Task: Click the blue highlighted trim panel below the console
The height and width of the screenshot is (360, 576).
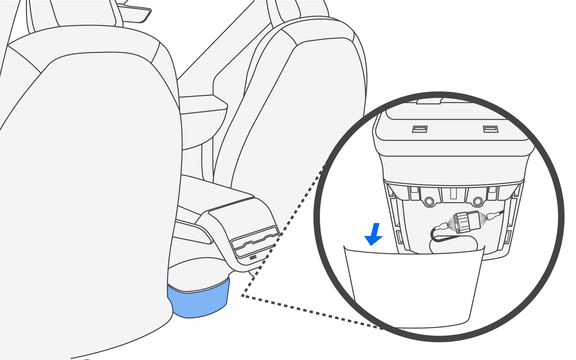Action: [199, 302]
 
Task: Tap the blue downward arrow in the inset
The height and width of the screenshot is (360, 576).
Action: [374, 235]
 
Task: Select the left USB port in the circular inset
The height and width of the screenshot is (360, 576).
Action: [420, 129]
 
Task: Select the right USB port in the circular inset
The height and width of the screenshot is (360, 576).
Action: [490, 129]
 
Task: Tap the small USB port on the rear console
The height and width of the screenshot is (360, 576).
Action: [253, 257]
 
